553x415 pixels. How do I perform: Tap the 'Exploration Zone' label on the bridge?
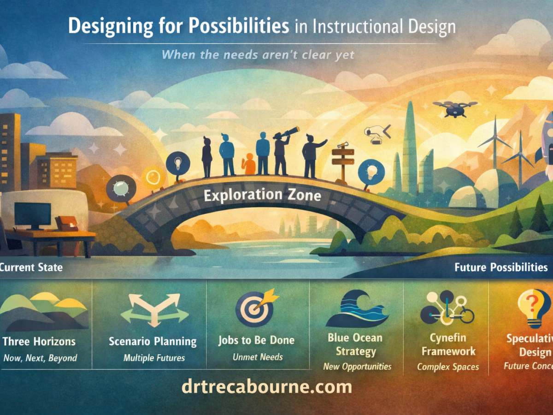pos(263,195)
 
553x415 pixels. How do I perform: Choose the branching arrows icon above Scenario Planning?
pos(154,309)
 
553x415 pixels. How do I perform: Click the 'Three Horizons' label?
pos(39,342)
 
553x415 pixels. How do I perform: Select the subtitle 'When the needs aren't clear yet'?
pos(258,55)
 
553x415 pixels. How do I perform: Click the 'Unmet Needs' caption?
pos(258,357)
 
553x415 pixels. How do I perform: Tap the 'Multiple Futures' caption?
pos(154,358)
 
